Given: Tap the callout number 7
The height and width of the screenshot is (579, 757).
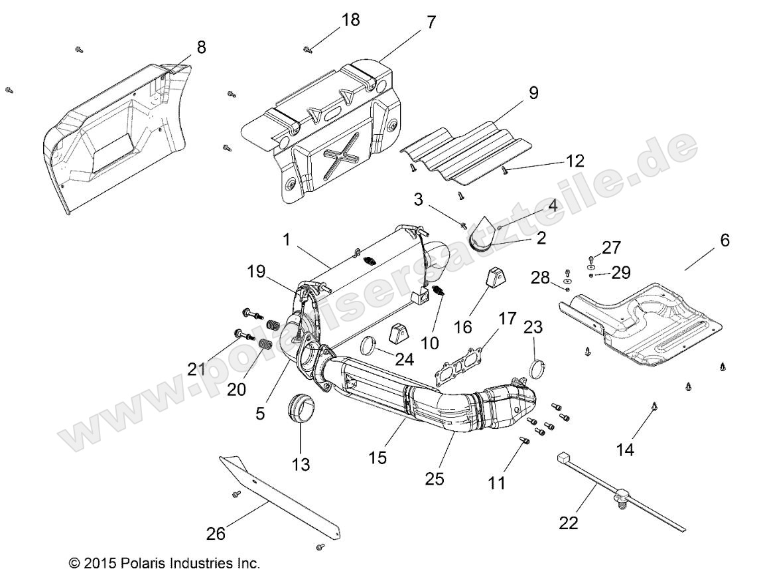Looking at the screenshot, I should click(431, 21).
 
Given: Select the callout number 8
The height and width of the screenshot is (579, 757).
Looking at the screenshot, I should click(201, 47).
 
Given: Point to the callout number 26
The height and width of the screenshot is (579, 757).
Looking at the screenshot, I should click(216, 533).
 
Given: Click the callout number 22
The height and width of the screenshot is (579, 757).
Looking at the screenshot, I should click(569, 523).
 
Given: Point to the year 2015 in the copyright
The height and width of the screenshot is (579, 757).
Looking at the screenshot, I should click(102, 564).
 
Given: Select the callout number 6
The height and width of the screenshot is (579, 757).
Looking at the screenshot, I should click(724, 240).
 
